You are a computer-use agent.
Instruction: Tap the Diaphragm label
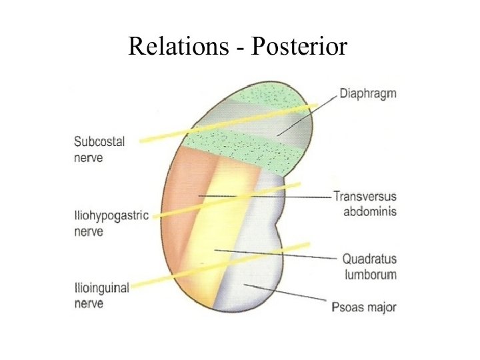coord(367,93)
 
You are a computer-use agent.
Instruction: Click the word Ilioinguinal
coord(102,288)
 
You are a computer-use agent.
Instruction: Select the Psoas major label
coord(364,307)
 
